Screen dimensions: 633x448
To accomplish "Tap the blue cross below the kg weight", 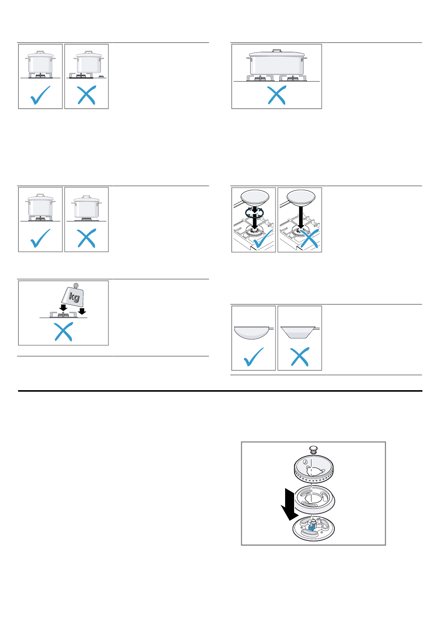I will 64,333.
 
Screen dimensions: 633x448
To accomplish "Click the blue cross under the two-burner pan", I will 276,95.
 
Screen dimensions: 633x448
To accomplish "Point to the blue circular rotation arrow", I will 254,213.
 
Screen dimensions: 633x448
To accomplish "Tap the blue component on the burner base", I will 311,527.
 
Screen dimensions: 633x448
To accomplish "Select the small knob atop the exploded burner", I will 313,449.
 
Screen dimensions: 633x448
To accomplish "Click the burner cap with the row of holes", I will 313,470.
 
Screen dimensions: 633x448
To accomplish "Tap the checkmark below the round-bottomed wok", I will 254,357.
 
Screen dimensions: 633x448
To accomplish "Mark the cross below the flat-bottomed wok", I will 300,357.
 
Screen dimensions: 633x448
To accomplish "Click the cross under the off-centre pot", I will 87,95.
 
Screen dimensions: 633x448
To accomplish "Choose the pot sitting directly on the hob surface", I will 87,208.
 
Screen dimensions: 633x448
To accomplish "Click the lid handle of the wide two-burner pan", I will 277,51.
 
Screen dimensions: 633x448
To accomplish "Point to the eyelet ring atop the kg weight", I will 76,285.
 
